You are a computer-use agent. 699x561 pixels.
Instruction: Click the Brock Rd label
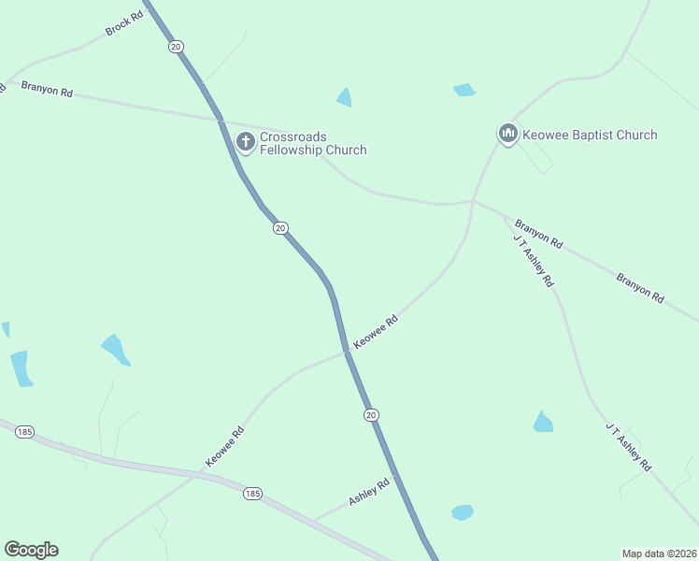(123, 24)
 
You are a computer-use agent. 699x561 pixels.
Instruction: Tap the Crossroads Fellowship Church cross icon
(246, 142)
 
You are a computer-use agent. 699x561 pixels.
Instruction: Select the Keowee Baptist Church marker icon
(508, 135)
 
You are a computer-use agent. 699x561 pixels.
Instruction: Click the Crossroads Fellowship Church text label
(313, 143)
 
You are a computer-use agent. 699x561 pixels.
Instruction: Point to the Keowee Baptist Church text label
(591, 135)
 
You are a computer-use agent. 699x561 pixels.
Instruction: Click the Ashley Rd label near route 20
(368, 493)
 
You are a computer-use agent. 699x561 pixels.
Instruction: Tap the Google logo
(32, 550)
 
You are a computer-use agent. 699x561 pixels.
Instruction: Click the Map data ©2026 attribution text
(659, 553)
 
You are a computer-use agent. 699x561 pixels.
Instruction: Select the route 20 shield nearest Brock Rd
(175, 46)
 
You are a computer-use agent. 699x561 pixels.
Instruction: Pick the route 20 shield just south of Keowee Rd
(371, 414)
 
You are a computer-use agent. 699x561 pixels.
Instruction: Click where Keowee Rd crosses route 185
(195, 475)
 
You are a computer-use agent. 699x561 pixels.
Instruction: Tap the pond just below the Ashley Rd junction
(462, 512)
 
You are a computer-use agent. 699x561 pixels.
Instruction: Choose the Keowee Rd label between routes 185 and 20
(225, 447)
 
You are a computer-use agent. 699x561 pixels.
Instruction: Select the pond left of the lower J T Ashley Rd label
(543, 423)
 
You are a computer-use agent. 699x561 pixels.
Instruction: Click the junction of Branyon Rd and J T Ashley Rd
(506, 217)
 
